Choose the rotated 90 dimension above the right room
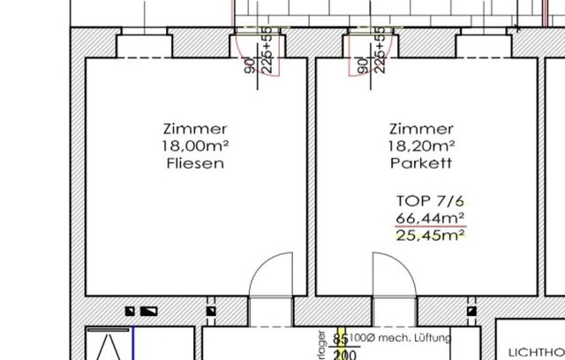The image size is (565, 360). (x=362, y=64)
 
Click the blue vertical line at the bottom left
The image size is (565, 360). (x=132, y=344)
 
